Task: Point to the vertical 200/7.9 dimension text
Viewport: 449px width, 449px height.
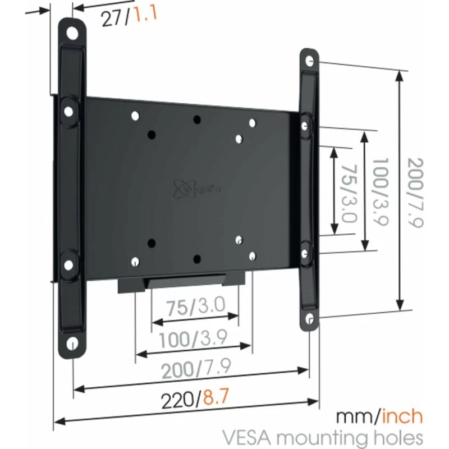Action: click(415, 191)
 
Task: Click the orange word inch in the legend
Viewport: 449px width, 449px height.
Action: click(402, 417)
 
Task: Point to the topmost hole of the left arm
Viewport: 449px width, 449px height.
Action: click(73, 33)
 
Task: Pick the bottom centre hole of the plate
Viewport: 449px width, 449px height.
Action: click(196, 258)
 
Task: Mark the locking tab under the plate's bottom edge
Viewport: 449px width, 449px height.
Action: click(185, 282)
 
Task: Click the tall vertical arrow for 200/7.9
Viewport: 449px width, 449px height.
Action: click(400, 191)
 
